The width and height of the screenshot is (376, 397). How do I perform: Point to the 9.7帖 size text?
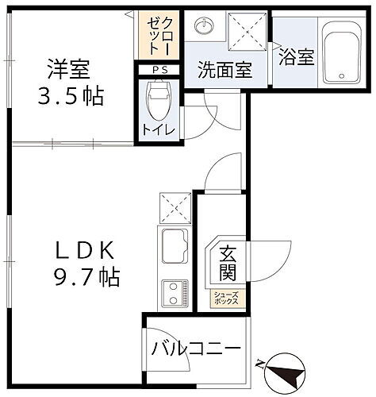pyautogui.click(x=87, y=278)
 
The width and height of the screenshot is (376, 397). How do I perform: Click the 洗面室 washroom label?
pyautogui.click(x=225, y=69)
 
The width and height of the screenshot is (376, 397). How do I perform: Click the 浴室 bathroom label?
pyautogui.click(x=297, y=57)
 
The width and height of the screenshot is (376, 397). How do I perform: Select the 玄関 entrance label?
pyautogui.click(x=227, y=264)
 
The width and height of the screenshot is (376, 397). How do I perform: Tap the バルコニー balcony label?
pyautogui.click(x=196, y=348)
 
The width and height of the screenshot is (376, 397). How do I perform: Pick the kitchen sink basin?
pyautogui.click(x=173, y=245)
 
